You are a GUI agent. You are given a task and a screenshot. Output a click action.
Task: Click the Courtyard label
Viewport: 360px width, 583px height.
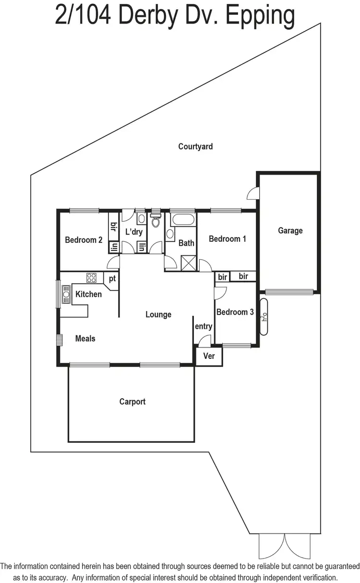(x=195, y=146)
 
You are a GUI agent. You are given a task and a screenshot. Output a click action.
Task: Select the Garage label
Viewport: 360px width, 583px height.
(x=290, y=230)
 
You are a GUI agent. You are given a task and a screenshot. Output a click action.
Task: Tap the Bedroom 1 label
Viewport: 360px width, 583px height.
(x=228, y=239)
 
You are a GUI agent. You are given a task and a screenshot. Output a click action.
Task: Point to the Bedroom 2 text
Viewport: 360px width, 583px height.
(x=84, y=240)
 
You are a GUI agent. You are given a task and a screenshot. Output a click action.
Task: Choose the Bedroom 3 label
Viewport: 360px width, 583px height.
(x=235, y=312)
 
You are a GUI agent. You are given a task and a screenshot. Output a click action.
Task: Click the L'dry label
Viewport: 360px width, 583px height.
(x=134, y=232)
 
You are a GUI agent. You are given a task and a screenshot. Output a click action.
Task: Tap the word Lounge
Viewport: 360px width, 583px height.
(x=158, y=315)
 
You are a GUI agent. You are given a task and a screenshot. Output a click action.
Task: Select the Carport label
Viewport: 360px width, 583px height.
(x=132, y=402)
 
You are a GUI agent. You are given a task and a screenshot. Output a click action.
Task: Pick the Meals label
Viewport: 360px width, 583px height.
(x=85, y=339)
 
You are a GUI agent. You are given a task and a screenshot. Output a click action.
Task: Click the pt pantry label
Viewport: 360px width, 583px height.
(x=112, y=278)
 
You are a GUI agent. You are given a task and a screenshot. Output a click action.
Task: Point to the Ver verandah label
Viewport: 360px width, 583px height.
(x=209, y=356)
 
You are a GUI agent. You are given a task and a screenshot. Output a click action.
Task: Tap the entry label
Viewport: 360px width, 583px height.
(x=203, y=326)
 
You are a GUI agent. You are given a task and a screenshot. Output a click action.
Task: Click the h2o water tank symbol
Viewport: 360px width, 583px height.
(x=264, y=317)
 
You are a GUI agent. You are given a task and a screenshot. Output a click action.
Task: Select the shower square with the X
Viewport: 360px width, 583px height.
(x=187, y=262)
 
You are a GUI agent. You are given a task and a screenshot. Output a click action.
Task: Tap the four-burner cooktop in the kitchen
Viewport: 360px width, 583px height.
(x=91, y=278)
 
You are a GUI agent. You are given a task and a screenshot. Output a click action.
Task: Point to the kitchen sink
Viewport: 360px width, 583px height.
(x=65, y=294)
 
